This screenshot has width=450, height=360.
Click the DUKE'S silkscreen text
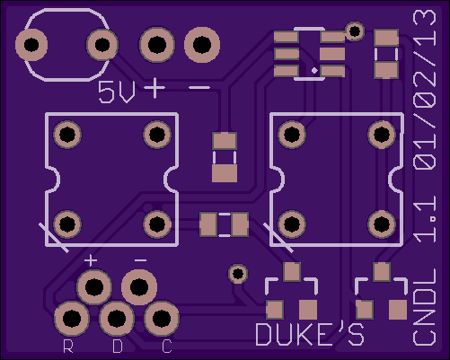(310, 334)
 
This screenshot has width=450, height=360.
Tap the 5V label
(117, 92)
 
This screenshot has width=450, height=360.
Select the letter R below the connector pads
(68, 346)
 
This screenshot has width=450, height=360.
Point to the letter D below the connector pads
(118, 346)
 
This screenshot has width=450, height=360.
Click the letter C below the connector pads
(167, 346)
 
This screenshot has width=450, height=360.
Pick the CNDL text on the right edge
(424, 307)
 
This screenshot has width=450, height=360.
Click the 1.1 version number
(424, 221)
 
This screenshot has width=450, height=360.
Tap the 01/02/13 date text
(424, 90)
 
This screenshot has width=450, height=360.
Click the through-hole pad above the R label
(72, 319)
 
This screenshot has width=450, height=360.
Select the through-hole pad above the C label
(162, 319)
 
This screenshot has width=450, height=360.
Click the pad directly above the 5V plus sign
(157, 45)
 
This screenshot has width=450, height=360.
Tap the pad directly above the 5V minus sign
(202, 45)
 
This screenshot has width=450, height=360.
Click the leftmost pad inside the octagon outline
(31, 45)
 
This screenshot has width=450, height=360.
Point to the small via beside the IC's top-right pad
(355, 31)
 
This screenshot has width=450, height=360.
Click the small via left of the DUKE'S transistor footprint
(238, 274)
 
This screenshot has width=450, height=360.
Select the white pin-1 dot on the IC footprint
(314, 71)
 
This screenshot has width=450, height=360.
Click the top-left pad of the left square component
(67, 135)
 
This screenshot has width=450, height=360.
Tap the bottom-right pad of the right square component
(382, 224)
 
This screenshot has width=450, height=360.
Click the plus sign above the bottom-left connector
(91, 260)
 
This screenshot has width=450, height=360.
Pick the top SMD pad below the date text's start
(386, 38)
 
